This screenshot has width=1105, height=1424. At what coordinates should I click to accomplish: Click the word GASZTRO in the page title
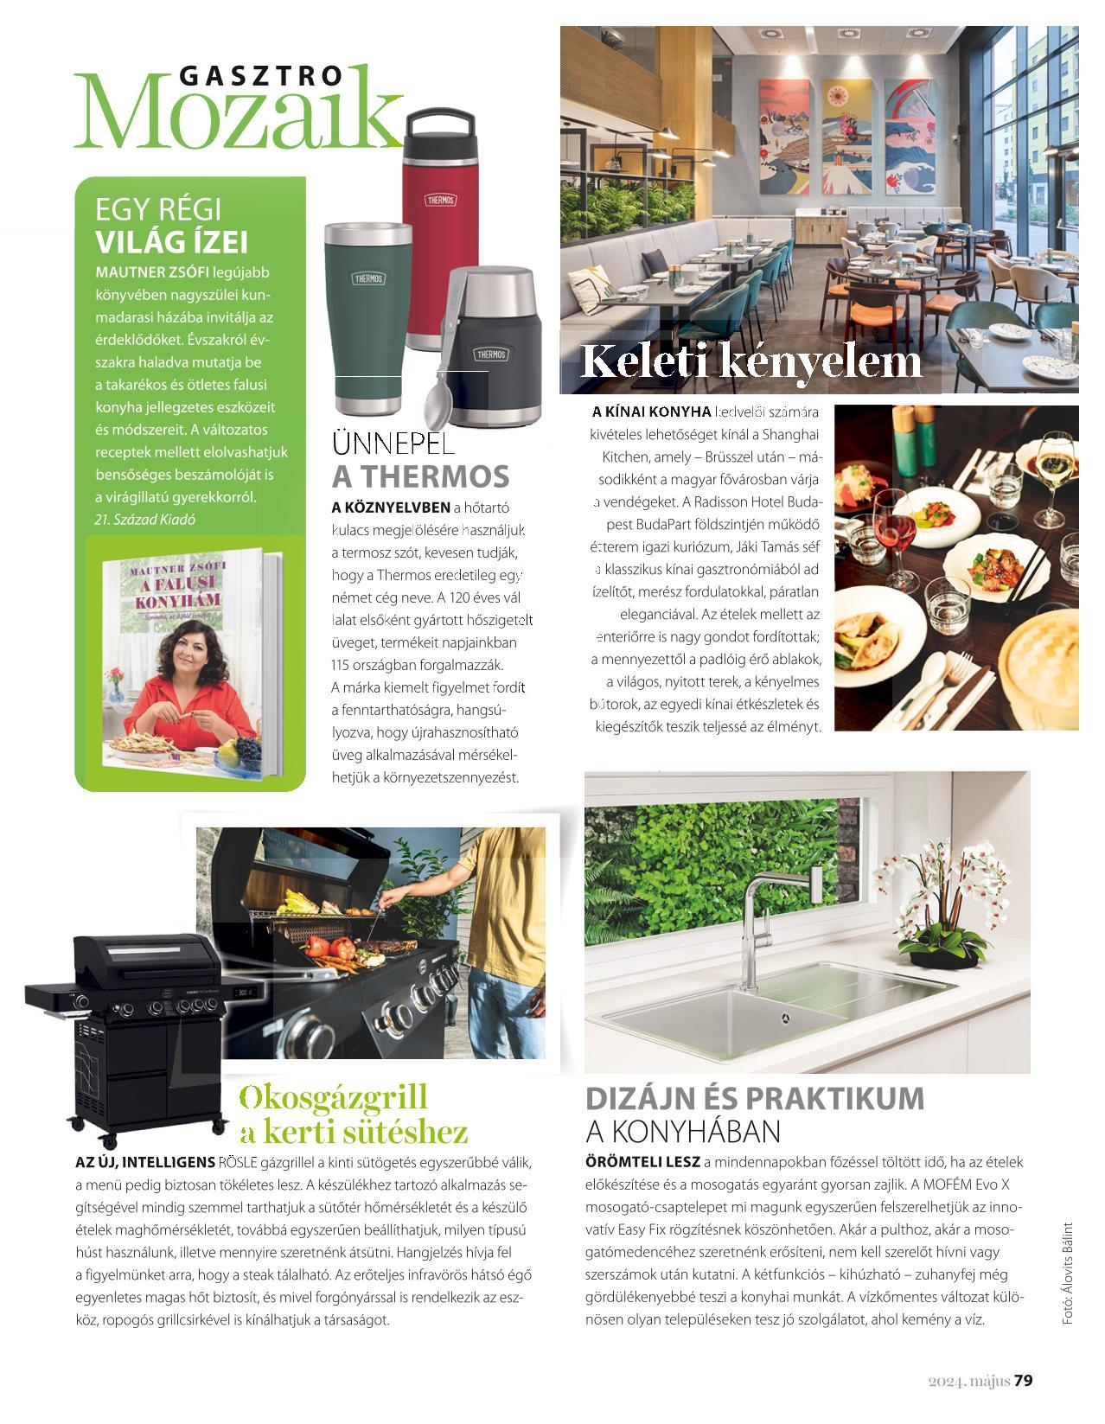260,76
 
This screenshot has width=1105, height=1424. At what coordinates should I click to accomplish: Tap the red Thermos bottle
440,233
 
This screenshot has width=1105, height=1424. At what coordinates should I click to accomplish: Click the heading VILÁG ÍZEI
171,241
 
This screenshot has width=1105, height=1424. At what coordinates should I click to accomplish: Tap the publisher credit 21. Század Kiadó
144,520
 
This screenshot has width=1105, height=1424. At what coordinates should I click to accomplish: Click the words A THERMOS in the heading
421,476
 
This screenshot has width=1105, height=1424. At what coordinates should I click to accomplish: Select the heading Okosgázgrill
333,1097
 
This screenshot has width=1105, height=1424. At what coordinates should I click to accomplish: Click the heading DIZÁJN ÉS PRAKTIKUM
755,1098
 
